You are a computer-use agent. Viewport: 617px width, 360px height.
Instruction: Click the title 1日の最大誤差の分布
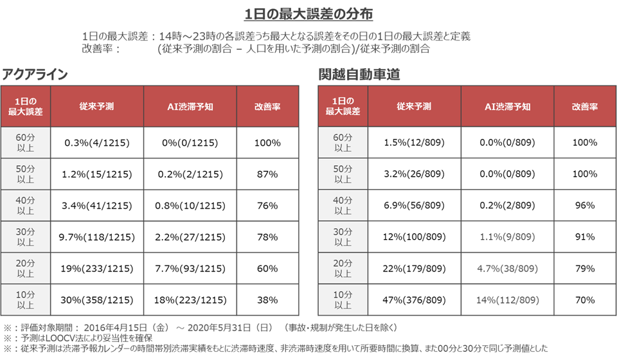tap(308, 14)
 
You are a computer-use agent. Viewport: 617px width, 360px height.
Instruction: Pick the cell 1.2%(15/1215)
tap(97, 174)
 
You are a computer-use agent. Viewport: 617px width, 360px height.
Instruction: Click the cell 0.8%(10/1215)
tap(189, 206)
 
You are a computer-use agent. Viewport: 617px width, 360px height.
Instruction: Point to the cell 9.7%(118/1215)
tap(97, 237)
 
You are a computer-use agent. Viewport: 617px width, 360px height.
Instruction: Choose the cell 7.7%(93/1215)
tap(189, 269)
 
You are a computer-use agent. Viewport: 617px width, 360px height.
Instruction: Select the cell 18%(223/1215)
tap(189, 300)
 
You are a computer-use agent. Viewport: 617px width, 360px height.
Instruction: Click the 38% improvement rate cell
tap(267, 300)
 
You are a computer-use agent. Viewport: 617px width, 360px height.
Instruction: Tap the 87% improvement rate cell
tap(267, 174)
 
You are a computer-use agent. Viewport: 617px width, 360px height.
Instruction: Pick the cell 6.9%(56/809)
tap(413, 206)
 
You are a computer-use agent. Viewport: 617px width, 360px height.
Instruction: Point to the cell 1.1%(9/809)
tap(507, 237)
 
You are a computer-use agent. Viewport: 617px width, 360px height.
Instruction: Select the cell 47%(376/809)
tap(413, 300)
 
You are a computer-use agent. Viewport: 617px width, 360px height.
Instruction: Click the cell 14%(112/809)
tap(507, 300)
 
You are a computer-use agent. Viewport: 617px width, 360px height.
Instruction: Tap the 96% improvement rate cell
tap(584, 206)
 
